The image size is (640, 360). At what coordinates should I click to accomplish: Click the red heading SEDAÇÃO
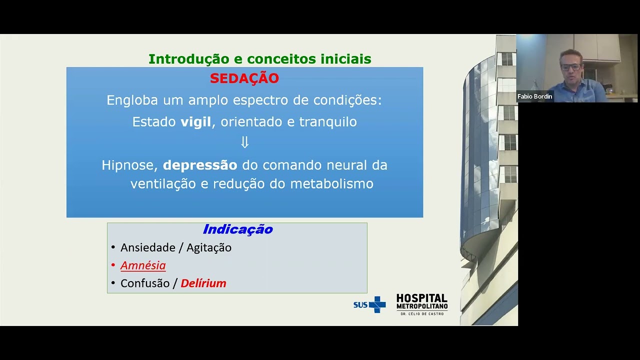(x=244, y=78)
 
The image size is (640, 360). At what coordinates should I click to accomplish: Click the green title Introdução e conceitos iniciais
(x=259, y=59)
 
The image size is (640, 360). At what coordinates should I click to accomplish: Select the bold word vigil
(x=196, y=122)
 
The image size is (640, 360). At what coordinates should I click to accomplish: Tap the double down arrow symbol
(x=244, y=143)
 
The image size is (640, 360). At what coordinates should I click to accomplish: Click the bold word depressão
(x=200, y=165)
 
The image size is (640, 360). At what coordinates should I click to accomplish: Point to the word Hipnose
(x=130, y=165)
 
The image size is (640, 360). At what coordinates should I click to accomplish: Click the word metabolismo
(x=332, y=184)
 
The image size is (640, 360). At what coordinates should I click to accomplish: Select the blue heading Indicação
(x=237, y=229)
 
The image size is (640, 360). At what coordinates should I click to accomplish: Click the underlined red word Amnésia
(x=143, y=265)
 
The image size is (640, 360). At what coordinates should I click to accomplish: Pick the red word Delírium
(x=203, y=283)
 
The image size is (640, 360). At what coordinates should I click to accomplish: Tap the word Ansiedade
(x=147, y=247)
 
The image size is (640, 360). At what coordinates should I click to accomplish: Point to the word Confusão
(x=145, y=283)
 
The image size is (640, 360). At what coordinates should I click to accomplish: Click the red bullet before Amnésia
(x=113, y=265)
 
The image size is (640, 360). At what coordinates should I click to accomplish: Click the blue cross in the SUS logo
(x=377, y=304)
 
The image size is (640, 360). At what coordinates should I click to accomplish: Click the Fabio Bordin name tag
(x=534, y=96)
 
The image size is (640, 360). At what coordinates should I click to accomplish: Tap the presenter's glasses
(x=571, y=66)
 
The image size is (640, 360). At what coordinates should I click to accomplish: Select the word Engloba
(x=132, y=100)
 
